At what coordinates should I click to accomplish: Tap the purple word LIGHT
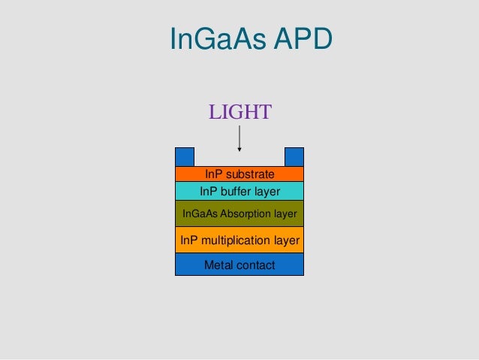[239, 113]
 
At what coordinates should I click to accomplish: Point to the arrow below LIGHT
[239, 138]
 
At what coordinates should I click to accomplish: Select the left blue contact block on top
[185, 156]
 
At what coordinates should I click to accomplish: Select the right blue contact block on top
[294, 156]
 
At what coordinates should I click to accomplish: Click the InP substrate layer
[239, 174]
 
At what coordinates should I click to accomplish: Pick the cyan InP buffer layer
[239, 191]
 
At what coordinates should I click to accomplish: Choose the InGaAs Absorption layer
[239, 213]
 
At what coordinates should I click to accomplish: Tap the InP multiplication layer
[239, 240]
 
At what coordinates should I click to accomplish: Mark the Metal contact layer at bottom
[239, 265]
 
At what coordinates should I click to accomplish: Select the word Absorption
[243, 213]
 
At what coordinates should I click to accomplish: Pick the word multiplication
[233, 240]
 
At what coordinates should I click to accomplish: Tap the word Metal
[218, 265]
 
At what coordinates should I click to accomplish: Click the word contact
[255, 265]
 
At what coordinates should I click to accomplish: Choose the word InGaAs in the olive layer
[199, 213]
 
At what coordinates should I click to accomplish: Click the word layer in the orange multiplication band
[286, 240]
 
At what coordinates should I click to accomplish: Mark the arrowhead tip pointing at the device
[239, 150]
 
